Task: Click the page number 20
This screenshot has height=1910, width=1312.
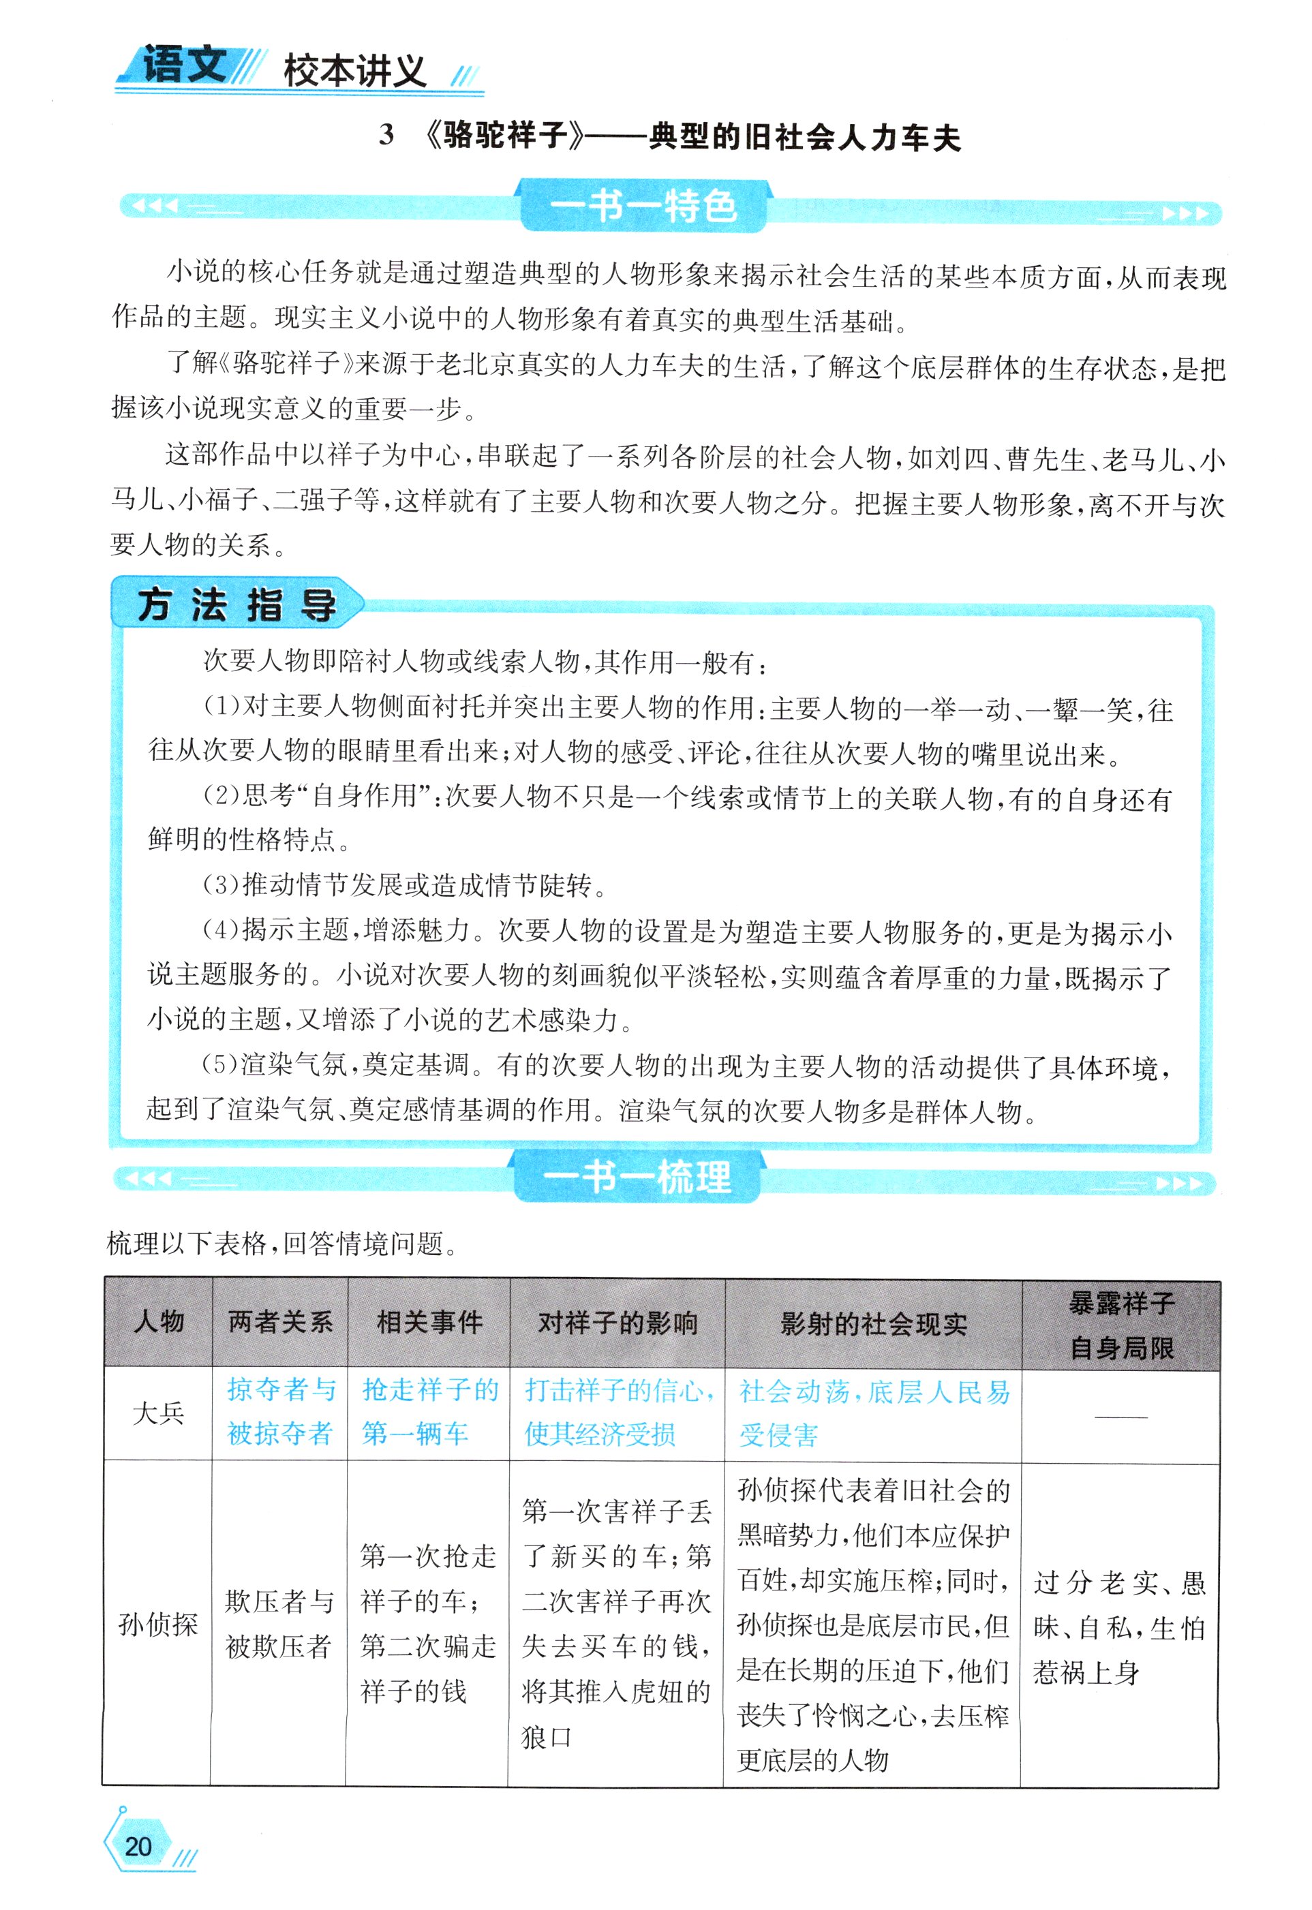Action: (138, 1846)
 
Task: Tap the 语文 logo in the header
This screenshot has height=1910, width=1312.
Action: (184, 64)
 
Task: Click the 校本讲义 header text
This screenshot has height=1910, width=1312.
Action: (354, 72)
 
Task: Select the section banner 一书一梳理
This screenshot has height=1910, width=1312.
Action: (637, 1177)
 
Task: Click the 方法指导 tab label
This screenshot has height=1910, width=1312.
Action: (237, 606)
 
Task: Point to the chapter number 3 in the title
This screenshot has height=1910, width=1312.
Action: (386, 136)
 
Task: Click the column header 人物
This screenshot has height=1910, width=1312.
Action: (159, 1321)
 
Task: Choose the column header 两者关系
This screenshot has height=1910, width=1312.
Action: (280, 1321)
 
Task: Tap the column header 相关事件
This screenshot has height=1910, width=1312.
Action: (429, 1321)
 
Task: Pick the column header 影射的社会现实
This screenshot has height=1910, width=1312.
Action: (873, 1324)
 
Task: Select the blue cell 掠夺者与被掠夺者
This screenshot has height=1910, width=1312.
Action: (280, 1412)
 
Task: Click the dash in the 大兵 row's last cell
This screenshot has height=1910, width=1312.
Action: (1121, 1416)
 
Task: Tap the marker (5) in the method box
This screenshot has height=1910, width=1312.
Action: (221, 1065)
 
